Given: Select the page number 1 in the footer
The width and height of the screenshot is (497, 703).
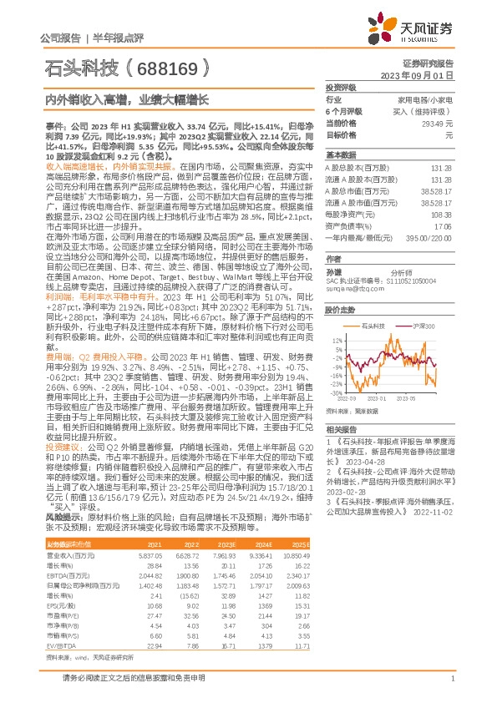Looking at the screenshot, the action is coord(451,685).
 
